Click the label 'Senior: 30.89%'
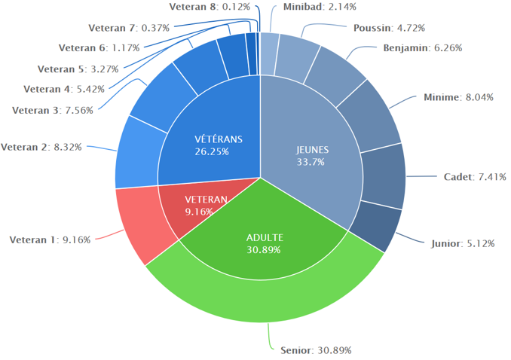(316, 350)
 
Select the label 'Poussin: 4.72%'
(389, 28)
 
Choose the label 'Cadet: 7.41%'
(475, 177)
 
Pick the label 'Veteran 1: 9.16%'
(50, 240)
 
